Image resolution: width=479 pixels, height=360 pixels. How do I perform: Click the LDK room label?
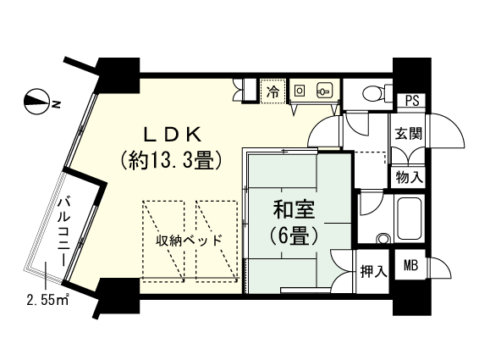[x=172, y=133]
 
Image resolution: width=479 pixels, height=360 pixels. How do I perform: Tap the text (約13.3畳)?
[x=172, y=158]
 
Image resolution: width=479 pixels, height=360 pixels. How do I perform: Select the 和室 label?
[x=292, y=207]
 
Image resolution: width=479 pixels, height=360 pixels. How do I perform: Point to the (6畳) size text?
[x=292, y=235]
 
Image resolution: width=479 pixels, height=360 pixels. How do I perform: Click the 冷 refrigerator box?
[x=273, y=91]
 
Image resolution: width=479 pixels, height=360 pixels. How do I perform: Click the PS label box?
[x=412, y=99]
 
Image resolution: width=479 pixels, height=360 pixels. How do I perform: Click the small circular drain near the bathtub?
[x=383, y=239]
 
